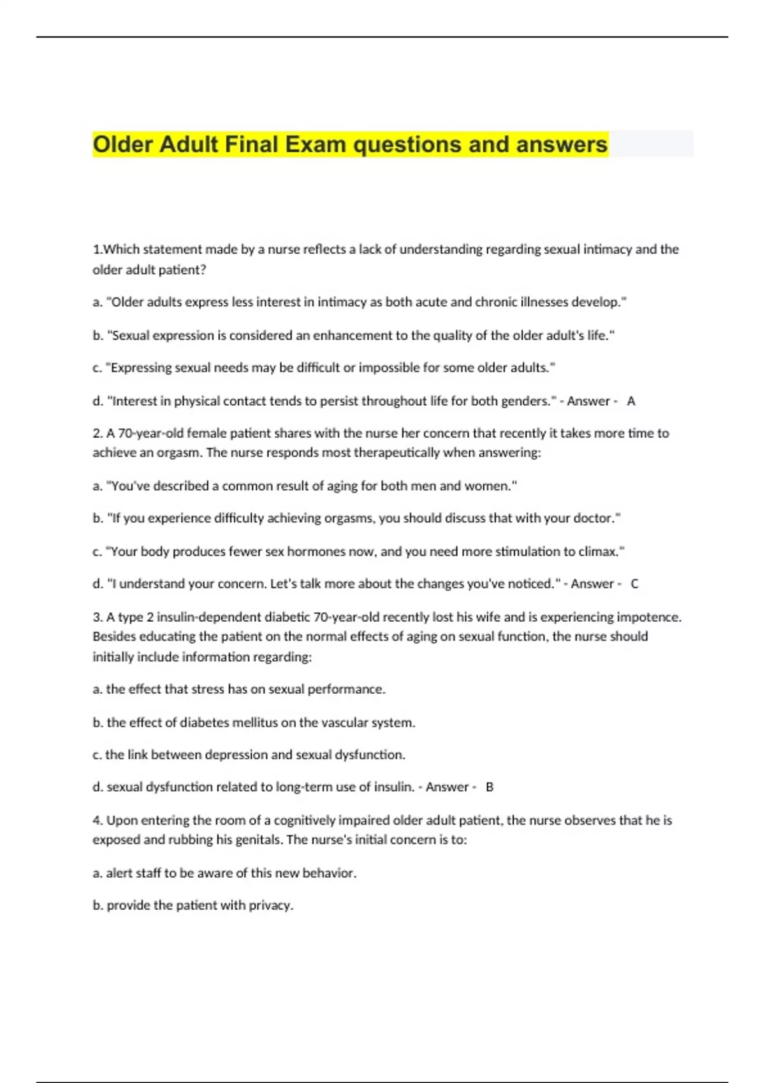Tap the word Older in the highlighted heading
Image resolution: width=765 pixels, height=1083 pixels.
(123, 145)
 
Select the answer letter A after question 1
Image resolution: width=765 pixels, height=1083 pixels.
(631, 401)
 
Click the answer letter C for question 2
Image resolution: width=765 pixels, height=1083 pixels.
(634, 584)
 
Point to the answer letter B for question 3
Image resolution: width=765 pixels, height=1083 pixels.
(490, 787)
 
